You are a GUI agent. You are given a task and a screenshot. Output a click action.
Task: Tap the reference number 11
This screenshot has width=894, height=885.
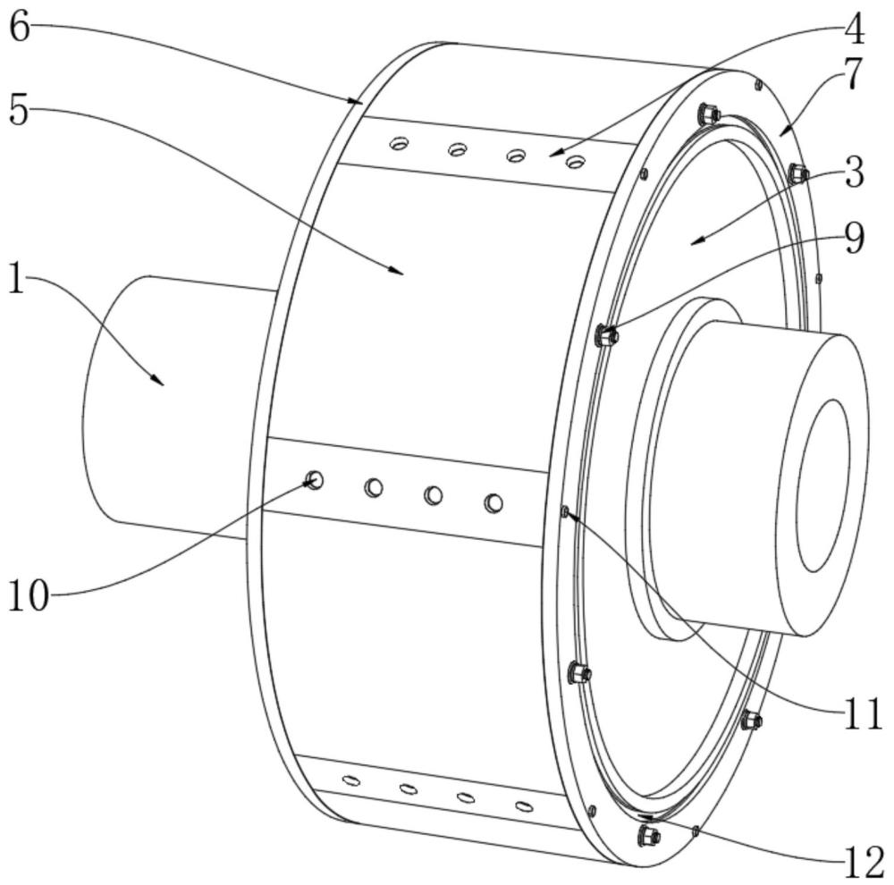tap(863, 714)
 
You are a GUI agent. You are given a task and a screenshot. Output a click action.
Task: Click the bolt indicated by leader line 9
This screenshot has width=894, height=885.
tap(607, 336)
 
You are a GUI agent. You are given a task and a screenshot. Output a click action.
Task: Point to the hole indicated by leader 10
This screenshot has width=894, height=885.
tap(314, 481)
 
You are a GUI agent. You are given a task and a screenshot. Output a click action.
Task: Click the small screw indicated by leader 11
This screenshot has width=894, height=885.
tap(564, 511)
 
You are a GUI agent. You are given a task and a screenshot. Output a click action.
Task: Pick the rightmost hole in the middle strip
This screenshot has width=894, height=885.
tap(493, 503)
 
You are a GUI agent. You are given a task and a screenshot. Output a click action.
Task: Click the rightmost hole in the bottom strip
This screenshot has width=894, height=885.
tap(524, 807)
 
